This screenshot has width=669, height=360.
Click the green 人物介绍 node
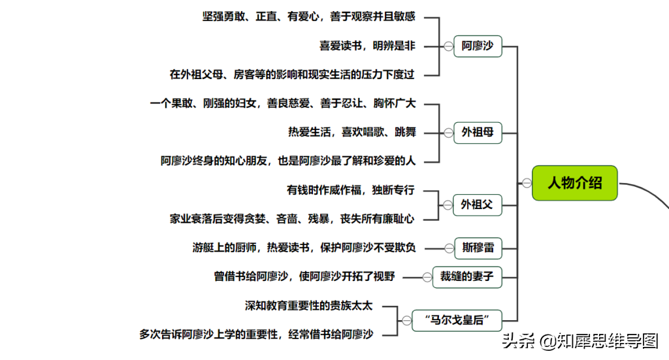point(574,183)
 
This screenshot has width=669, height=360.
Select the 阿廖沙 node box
point(478,46)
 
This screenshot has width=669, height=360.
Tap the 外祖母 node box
point(478,133)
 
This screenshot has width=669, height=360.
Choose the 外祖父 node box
point(477,205)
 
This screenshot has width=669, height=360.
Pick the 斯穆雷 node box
point(478,248)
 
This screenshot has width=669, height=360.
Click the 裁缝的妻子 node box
point(467,277)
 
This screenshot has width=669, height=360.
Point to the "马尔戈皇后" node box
point(457,321)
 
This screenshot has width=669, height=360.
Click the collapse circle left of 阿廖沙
point(448,46)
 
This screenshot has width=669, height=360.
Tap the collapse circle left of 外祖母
point(448,133)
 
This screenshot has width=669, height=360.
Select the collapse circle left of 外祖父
point(448,205)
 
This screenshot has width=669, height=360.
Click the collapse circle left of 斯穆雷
point(449,248)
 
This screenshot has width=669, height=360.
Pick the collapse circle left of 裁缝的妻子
point(427,277)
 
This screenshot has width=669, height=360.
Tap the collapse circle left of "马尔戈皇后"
point(406,320)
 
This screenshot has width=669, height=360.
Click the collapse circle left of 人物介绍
point(527,183)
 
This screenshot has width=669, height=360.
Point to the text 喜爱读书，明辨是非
point(367,46)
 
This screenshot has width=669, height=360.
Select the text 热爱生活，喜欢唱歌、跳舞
point(352,132)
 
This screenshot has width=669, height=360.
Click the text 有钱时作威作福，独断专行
point(351,190)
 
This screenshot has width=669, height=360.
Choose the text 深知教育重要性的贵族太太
point(309,306)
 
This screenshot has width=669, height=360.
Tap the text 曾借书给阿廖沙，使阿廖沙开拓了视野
point(304,276)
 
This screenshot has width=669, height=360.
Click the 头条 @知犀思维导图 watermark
point(580,341)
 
